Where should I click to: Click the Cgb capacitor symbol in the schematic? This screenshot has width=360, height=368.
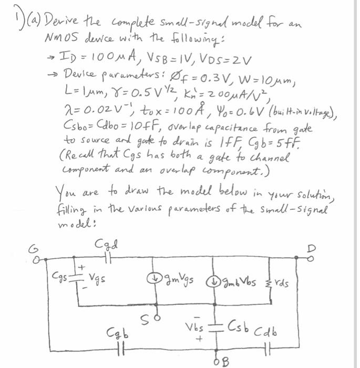[x=120, y=347]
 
